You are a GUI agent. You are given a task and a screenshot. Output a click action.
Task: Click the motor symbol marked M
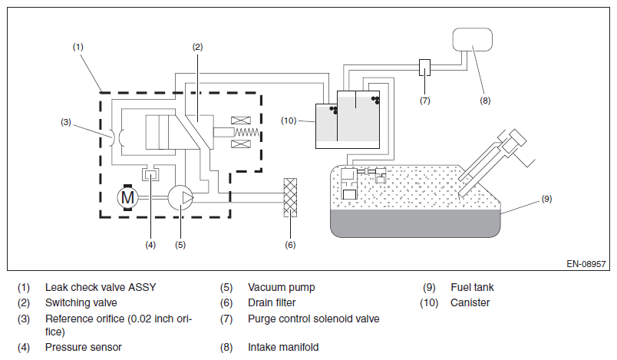128,197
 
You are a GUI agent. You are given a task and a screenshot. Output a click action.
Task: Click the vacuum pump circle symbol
181,197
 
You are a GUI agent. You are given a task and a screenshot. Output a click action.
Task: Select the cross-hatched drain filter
290,197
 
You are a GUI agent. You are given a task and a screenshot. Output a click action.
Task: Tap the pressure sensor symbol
150,173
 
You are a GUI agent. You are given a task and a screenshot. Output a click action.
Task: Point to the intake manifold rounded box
473,39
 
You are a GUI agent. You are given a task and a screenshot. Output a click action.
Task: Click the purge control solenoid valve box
424,68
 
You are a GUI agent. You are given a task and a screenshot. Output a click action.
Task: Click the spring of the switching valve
247,132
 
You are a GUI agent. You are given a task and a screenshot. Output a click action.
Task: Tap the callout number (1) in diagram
78,47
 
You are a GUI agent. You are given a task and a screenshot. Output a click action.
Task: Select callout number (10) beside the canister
289,121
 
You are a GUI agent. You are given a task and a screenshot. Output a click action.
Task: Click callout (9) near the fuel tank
546,199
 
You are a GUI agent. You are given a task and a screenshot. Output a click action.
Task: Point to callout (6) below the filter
290,245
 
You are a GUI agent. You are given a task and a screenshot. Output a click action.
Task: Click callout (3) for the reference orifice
66,122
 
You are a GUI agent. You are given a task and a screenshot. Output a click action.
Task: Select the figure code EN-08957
586,264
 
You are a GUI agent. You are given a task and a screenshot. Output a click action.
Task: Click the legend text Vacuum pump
282,288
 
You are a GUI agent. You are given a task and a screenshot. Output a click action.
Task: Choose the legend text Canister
470,303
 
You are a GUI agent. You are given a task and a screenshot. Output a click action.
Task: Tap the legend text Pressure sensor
84,348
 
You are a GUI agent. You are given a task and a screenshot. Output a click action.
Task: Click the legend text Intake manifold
283,348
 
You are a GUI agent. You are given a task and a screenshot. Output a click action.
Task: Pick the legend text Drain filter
272,303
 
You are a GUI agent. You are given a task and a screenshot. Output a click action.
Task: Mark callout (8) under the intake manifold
485,101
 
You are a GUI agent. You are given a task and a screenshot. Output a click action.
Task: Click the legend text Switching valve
81,303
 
